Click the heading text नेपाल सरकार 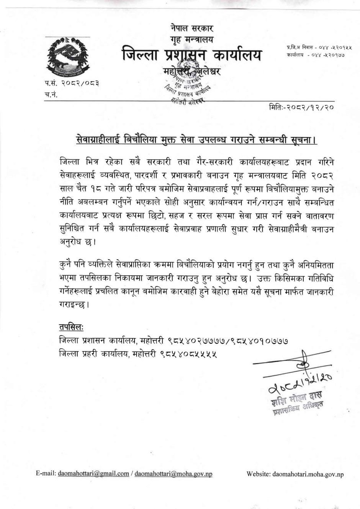point(192,28)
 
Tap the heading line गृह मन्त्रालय point(192,39)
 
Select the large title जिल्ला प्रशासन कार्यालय point(192,55)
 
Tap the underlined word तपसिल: point(72,326)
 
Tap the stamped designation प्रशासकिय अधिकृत point(298,409)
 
